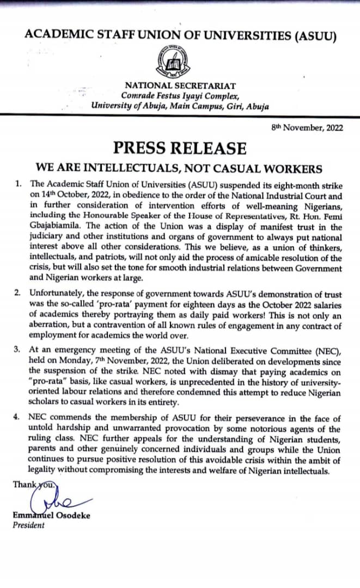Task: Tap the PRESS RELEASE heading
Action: click(x=180, y=148)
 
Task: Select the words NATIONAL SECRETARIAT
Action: click(x=180, y=85)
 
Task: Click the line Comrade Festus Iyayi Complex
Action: click(x=180, y=96)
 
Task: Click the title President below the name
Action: click(x=29, y=525)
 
